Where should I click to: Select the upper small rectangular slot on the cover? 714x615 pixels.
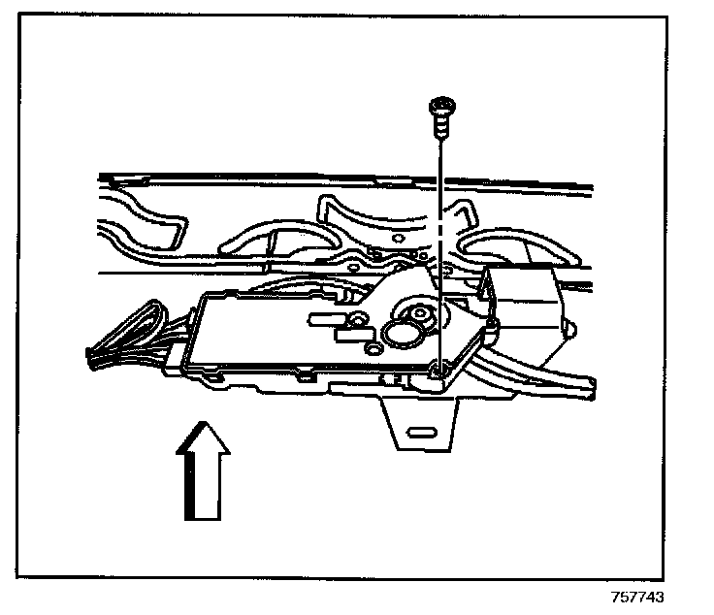pos(323,317)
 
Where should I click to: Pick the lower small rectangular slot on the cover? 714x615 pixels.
pos(346,337)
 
